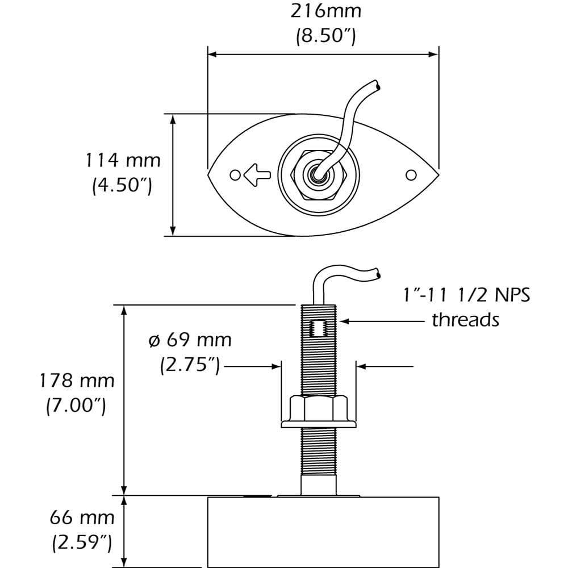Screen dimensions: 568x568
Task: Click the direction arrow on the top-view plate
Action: pos(256,174)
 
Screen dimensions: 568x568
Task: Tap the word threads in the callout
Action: pos(465,320)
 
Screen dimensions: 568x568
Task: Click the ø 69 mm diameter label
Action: pos(190,340)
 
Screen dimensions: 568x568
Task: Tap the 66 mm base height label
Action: pos(82,517)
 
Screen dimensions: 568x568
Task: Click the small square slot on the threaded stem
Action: pos(318,328)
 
